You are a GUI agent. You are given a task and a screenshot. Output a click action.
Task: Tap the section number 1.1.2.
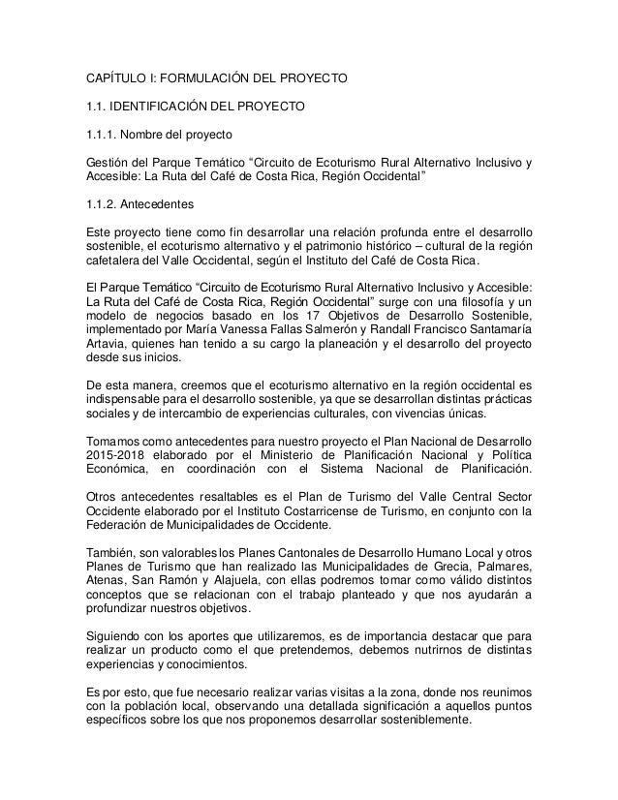pyautogui.click(x=103, y=205)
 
